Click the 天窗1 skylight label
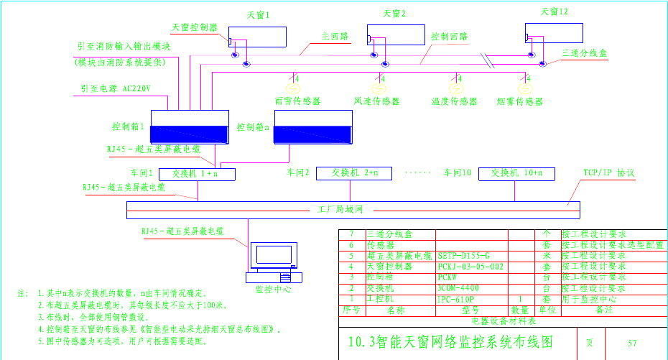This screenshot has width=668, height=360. pyautogui.click(x=259, y=14)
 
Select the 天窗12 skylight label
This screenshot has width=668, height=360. pyautogui.click(x=554, y=11)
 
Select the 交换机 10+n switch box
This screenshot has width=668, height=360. pyautogui.click(x=516, y=173)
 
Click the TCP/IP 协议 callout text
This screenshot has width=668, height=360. pyautogui.click(x=608, y=173)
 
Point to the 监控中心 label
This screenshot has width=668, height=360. pyautogui.click(x=272, y=289)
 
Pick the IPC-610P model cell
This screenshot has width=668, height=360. pyautogui.click(x=455, y=298)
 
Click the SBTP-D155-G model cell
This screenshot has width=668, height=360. pyautogui.click(x=463, y=256)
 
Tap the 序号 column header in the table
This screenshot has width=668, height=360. pyautogui.click(x=351, y=310)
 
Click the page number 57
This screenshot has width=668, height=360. pyautogui.click(x=632, y=343)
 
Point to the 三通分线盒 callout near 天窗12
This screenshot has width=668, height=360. pyautogui.click(x=584, y=53)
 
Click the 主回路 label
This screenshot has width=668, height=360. pyautogui.click(x=334, y=34)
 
